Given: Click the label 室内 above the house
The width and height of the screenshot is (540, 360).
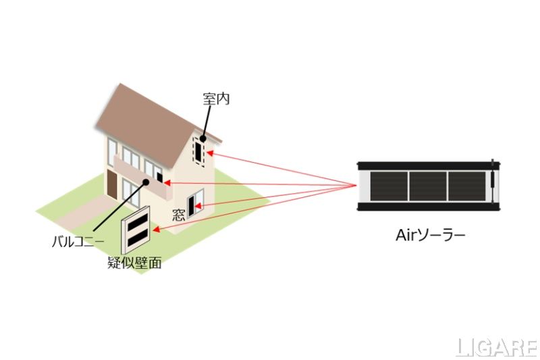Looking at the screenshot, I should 216,99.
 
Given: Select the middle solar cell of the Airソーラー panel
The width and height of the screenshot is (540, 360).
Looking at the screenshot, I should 427,186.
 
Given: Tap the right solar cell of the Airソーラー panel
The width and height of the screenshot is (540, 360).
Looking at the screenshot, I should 466,186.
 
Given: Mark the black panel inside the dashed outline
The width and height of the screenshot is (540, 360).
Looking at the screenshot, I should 198,151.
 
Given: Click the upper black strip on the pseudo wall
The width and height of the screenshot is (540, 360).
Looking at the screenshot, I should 138,222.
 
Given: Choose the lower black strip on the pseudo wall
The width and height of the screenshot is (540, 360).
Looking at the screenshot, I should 138,236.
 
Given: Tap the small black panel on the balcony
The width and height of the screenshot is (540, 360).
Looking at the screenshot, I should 159,178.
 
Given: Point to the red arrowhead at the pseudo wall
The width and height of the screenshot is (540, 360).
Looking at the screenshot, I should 157,230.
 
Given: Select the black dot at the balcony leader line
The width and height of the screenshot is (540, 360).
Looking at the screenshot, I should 145,183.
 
